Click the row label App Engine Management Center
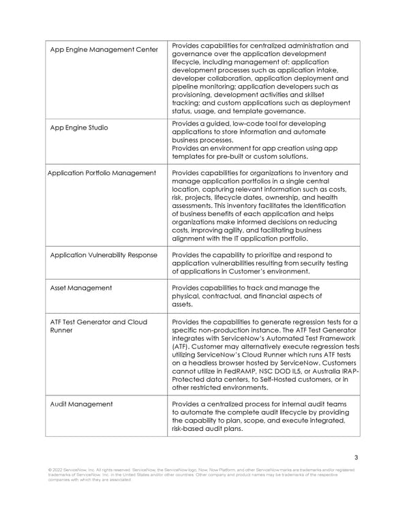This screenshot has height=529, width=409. [104, 50]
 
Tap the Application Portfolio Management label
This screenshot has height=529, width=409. [102, 173]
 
